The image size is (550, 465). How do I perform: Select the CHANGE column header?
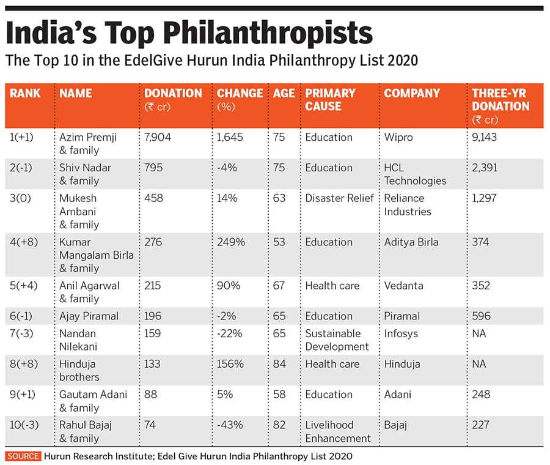coord(240,94)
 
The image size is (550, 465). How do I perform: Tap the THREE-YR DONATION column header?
coord(501,105)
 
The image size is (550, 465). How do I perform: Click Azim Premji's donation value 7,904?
coord(158,137)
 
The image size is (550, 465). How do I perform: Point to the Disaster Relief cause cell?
coord(339,198)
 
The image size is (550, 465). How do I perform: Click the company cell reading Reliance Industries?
coord(408,204)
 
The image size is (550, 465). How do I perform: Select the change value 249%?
coord(231,242)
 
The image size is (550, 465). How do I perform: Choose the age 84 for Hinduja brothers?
coord(279,364)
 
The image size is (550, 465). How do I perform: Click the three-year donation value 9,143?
coord(485,137)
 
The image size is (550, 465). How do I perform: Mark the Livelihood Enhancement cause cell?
coord(338,431)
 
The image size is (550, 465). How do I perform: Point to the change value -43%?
coord(229,425)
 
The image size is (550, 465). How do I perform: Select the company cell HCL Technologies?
coord(415,174)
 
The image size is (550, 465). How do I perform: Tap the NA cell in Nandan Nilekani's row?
coord(480,333)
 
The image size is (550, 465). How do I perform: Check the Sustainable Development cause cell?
coord(337,340)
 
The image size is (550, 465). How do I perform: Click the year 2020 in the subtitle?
coord(403,61)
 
